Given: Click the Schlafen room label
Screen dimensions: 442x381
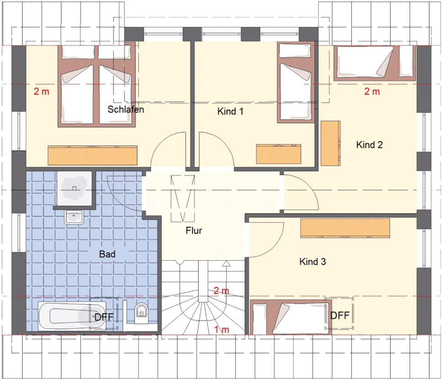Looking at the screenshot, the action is pos(126,109).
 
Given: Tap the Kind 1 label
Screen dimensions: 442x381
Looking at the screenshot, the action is pos(230,112).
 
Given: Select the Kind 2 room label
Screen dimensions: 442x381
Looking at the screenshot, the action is pos(369,145).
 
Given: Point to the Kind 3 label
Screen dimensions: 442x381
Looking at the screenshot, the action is pos(313,262).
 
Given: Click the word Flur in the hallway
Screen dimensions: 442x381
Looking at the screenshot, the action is pos(194,231).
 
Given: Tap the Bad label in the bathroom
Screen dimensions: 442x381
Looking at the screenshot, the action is pos(107,254).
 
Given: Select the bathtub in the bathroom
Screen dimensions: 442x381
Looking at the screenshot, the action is pos(72,316).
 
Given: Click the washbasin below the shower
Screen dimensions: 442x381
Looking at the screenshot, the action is pos(74,217).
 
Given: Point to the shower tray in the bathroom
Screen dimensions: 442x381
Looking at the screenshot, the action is pos(74,188).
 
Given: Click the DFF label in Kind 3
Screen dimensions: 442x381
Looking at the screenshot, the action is pos(340,315).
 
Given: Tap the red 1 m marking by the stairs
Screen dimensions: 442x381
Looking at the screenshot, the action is pos(222,329).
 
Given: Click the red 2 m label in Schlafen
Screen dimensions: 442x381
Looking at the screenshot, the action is pos(42,91).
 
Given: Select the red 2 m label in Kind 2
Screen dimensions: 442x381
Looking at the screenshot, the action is pos(372,91).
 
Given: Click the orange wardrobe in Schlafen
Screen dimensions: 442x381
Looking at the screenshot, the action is pos(92,155).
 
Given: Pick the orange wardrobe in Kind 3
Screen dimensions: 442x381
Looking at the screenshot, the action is pos(345,228).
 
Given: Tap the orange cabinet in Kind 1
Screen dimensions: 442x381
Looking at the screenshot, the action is pos(278,154).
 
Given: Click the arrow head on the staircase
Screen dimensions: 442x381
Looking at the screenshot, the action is pos(226,264).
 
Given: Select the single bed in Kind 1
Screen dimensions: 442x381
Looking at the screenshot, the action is pos(296,82).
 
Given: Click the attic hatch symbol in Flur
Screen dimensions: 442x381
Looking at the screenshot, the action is pos(183,198).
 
